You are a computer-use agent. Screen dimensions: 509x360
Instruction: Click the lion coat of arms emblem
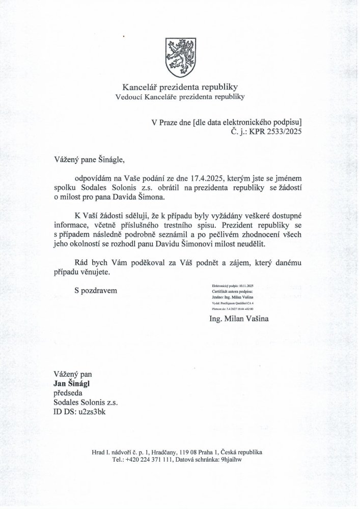coord(179,52)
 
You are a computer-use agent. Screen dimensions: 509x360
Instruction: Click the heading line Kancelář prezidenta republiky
coord(180,87)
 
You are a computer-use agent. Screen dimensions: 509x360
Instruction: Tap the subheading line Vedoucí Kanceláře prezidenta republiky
coord(180,96)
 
